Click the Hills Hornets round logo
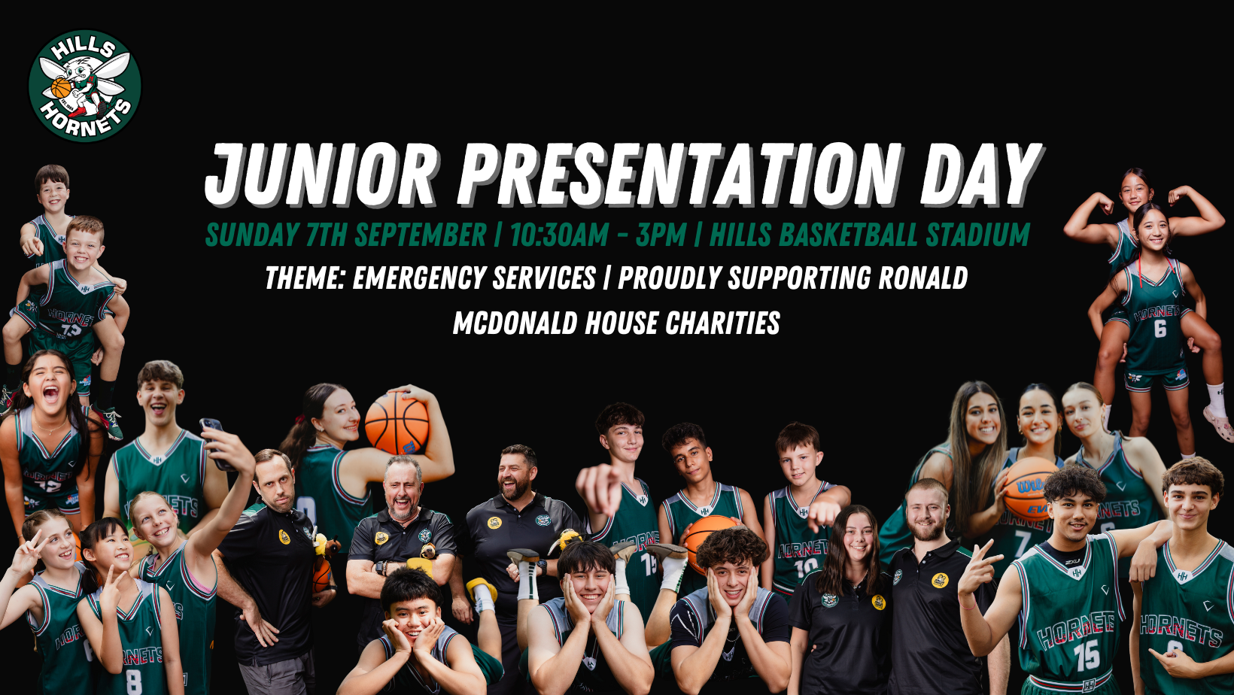coord(85,86)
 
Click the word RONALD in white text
coord(922,278)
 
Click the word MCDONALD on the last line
coord(515,323)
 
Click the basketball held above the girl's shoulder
coord(397,423)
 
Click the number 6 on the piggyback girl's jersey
coord(1160,329)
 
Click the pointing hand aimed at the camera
coord(600,488)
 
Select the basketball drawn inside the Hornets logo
coord(61,87)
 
